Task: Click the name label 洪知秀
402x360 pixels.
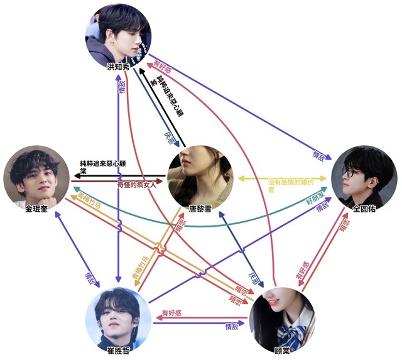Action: point(119,67)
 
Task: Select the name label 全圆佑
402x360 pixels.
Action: point(362,209)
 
